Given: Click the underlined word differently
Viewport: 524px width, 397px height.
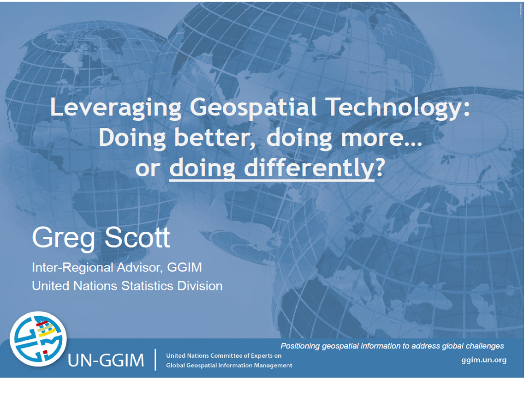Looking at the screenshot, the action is [309, 168].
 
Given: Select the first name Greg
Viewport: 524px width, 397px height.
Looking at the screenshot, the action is [64, 239].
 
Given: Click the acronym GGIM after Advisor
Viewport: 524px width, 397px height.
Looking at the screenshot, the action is [185, 267].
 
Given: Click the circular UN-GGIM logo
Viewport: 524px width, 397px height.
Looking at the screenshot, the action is [38, 339].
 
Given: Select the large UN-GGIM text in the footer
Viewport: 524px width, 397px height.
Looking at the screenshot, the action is [106, 360].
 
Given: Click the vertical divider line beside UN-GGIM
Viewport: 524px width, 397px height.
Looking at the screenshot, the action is [155, 360].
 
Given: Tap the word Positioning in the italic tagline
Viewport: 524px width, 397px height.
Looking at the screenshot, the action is [300, 346].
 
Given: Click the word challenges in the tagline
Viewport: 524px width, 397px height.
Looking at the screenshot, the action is [484, 346].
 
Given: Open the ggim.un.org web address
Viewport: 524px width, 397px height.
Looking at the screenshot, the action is [484, 360].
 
